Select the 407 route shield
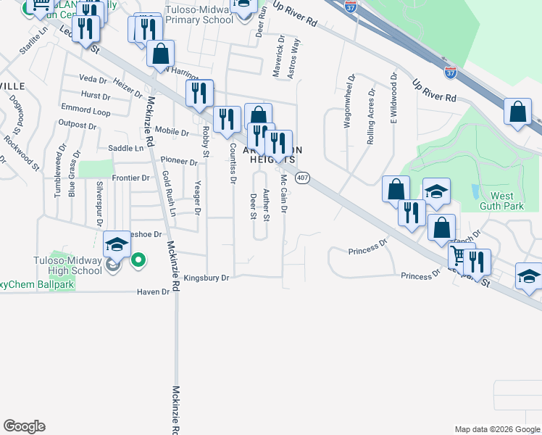coord(304,178)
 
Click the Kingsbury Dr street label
coord(206,278)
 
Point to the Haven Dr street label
coord(152,291)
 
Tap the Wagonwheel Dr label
coord(348,101)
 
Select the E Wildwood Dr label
coord(393,99)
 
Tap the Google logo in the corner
coord(24,426)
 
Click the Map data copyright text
coord(498,429)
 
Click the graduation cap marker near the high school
coord(117,244)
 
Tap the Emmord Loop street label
coord(86,112)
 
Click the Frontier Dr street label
coord(130,178)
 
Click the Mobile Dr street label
coord(172,133)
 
